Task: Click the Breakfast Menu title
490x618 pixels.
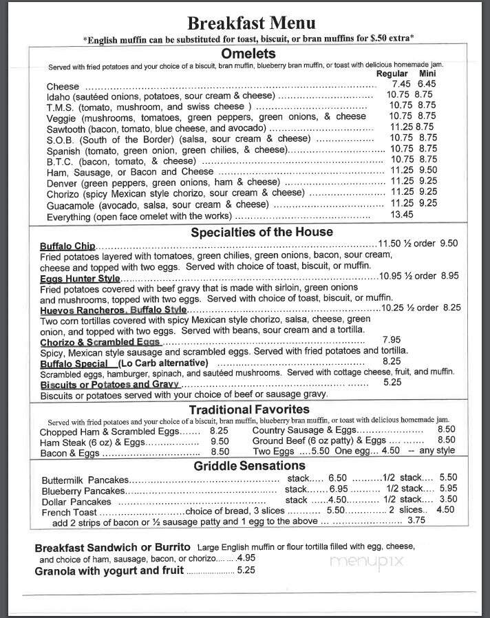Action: (251, 23)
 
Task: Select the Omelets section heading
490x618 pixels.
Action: (248, 54)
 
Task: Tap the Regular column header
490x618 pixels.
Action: (392, 74)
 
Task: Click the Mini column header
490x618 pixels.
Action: (428, 74)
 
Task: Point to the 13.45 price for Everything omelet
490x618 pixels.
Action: (401, 215)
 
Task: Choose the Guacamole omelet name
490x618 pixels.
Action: (70, 204)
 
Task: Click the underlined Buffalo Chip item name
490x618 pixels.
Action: (67, 246)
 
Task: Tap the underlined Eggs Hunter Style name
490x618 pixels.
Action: (80, 278)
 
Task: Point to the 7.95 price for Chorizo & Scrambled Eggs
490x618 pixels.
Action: (391, 340)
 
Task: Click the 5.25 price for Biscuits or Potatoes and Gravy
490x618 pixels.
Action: (392, 383)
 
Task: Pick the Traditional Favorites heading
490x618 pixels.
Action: (249, 409)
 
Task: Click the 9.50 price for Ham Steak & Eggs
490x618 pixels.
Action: (220, 441)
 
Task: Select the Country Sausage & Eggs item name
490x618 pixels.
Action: (303, 430)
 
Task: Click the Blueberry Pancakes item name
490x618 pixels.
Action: (83, 491)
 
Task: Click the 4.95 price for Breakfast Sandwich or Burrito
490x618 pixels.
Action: (246, 558)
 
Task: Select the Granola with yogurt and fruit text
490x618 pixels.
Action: (109, 571)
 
